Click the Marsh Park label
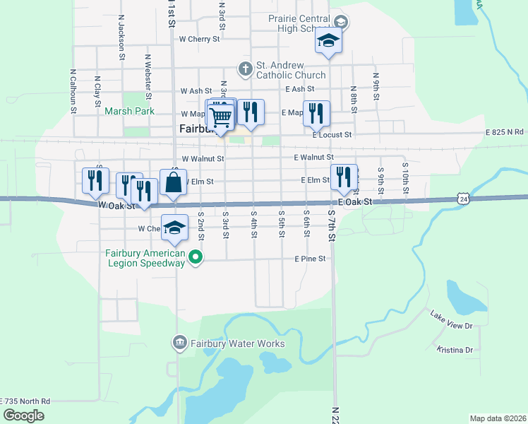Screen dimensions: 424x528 coord(129,111)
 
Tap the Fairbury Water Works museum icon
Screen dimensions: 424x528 coord(179,344)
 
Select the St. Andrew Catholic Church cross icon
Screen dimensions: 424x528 coord(245,69)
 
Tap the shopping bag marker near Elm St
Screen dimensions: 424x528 coord(173,183)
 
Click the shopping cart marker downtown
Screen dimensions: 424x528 coord(221,116)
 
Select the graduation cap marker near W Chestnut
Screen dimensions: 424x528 coord(174,228)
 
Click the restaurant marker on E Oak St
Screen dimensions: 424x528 coord(344,177)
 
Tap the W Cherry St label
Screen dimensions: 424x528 coord(199,40)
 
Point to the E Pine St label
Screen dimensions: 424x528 coord(310,259)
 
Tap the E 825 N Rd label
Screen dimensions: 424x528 coord(504,132)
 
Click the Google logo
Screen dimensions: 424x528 coord(23,416)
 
